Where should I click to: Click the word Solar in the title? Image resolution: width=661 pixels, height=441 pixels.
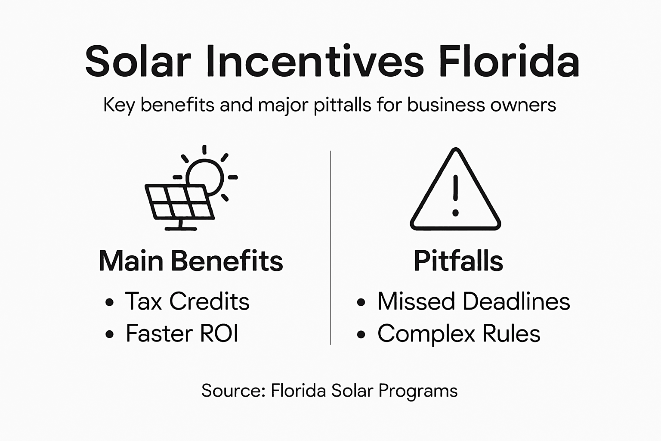[x=138, y=61]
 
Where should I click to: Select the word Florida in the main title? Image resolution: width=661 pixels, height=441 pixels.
[x=509, y=61]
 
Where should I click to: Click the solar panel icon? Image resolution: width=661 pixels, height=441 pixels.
[x=180, y=202]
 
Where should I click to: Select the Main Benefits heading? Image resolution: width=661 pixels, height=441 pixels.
[x=191, y=261]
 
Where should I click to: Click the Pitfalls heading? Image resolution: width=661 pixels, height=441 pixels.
[x=458, y=261]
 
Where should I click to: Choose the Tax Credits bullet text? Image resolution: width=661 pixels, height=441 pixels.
[x=187, y=301]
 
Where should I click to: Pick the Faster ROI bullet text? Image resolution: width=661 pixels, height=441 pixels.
[x=182, y=334]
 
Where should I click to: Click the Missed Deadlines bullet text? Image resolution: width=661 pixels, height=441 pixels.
[x=473, y=301]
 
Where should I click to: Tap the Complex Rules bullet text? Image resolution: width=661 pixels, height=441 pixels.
[x=459, y=334]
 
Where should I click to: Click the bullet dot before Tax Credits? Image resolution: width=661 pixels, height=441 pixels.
[x=110, y=302]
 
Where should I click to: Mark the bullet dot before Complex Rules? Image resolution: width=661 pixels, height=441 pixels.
[x=361, y=335]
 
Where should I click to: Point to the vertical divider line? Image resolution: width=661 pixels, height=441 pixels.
[x=330, y=248]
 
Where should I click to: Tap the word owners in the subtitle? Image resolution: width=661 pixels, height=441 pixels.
[x=525, y=105]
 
